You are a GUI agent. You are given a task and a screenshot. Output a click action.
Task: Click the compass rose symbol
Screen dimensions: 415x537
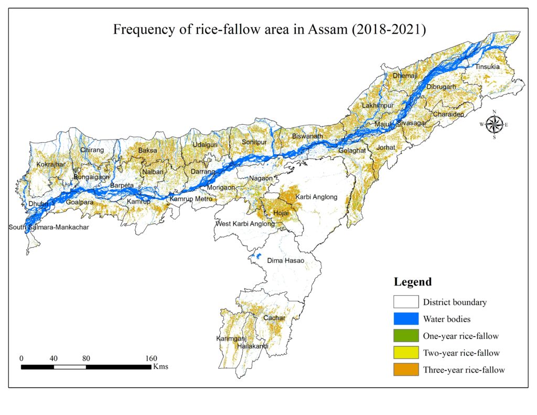(x=493, y=124)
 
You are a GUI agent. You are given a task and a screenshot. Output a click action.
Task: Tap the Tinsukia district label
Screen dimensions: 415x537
(x=488, y=68)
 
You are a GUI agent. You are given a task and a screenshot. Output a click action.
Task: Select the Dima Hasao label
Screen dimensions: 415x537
(x=286, y=260)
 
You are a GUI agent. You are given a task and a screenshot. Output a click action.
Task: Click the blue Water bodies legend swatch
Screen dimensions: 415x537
(x=406, y=318)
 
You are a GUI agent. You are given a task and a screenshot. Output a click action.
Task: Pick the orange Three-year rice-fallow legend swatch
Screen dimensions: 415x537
(x=406, y=369)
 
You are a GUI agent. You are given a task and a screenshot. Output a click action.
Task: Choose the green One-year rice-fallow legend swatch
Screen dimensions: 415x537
(x=406, y=336)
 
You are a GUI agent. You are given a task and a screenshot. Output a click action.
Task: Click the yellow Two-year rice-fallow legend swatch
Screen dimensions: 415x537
(x=406, y=353)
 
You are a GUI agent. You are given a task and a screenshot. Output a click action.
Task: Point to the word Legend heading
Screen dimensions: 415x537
(x=413, y=282)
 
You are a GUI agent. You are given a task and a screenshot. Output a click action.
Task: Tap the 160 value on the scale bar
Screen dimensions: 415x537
(x=151, y=358)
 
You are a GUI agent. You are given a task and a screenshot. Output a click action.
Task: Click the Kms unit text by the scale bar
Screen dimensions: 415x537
(x=160, y=367)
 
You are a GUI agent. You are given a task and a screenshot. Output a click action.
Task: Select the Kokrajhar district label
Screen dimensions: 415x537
(x=51, y=165)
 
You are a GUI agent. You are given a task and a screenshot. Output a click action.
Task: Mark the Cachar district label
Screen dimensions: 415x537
(x=274, y=318)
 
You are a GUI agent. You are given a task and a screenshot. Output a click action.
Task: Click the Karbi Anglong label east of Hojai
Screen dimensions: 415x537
(x=316, y=197)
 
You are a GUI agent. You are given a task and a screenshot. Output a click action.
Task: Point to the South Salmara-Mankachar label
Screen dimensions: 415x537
(x=49, y=227)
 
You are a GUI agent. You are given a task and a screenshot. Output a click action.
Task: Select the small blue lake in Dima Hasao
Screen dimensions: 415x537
(x=256, y=257)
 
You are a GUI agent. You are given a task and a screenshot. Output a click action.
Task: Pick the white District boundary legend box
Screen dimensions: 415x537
(x=406, y=302)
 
